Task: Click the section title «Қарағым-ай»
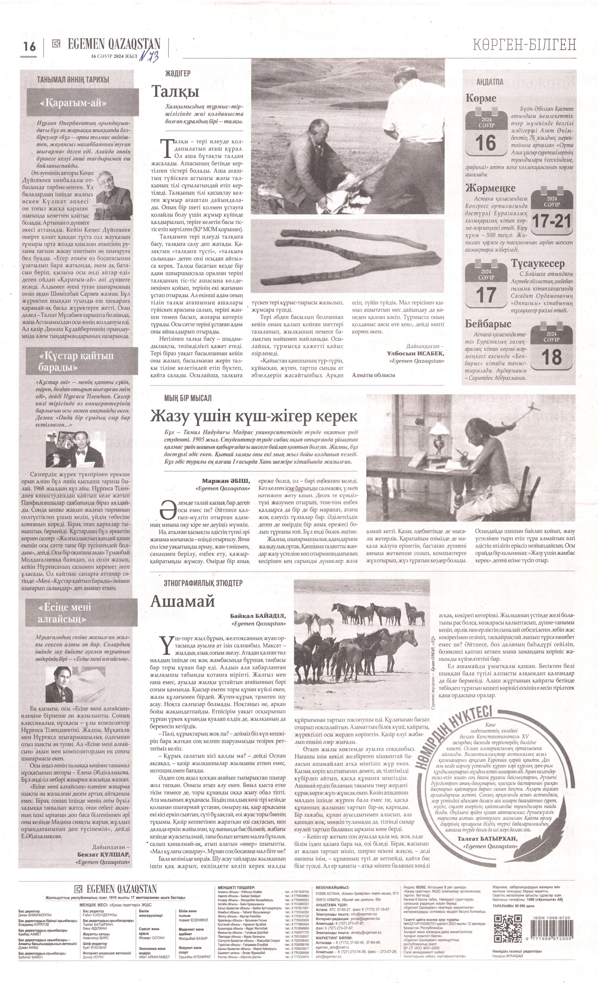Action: pyautogui.click(x=73, y=103)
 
